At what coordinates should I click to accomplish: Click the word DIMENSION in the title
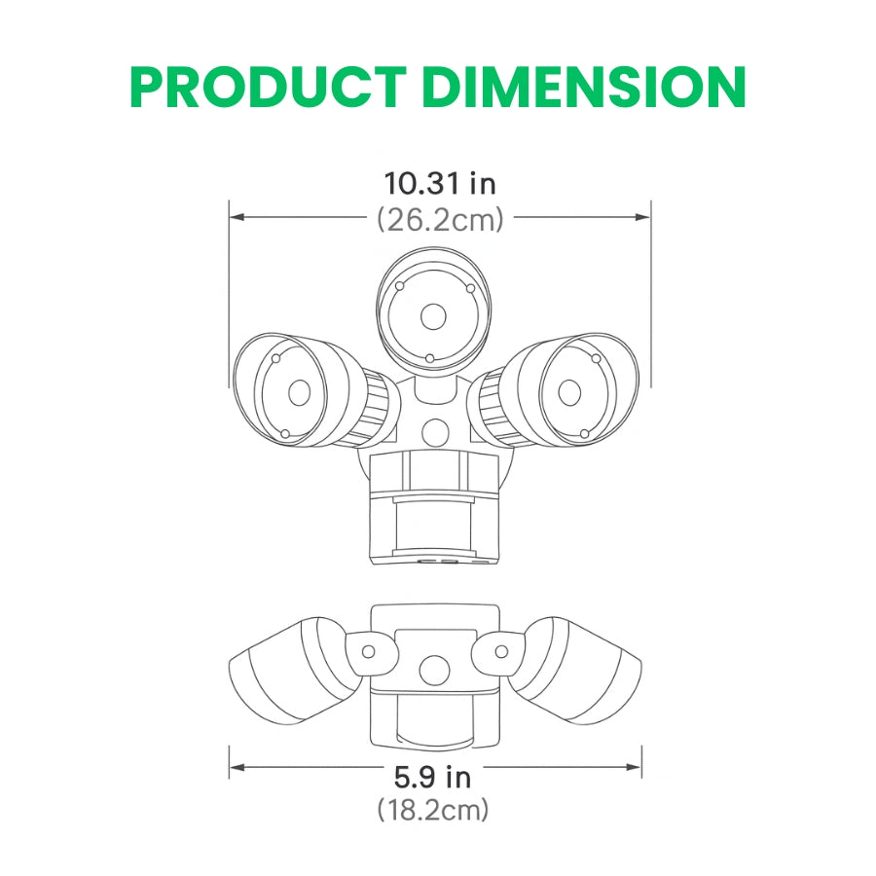[x=586, y=88]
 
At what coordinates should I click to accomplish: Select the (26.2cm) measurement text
[x=440, y=220]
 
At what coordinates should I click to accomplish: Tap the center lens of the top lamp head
[x=433, y=316]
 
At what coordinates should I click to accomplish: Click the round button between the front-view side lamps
[x=435, y=431]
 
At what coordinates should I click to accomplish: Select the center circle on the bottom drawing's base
[x=434, y=670]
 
